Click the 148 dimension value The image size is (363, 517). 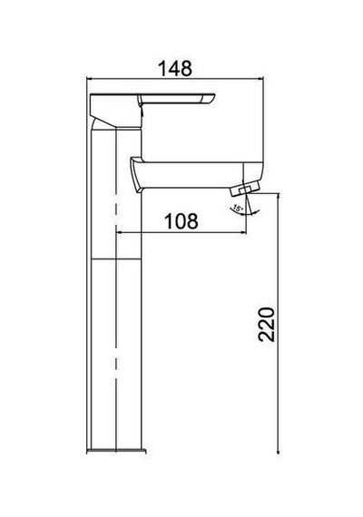(x=175, y=68)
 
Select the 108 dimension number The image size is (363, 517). (x=181, y=221)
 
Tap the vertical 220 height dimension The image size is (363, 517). (x=266, y=325)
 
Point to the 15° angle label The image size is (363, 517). (x=237, y=209)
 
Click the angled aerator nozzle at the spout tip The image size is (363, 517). (x=245, y=190)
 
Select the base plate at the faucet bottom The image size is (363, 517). (x=116, y=451)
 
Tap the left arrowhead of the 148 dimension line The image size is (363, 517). (x=88, y=79)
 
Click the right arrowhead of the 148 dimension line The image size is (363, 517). (x=261, y=79)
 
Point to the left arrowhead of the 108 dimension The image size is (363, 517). (x=119, y=233)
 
